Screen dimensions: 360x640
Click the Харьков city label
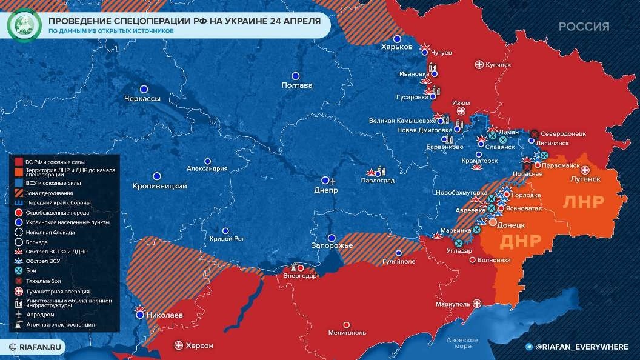point(397,47)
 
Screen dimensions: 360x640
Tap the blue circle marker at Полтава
point(296,76)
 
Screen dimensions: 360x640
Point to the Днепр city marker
point(325,181)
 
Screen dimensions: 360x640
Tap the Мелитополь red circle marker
point(347,324)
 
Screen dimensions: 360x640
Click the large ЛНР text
point(584,202)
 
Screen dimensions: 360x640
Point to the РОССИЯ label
point(584,27)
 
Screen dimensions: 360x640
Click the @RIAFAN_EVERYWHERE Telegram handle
point(581,346)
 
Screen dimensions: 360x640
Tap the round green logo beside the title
point(22,25)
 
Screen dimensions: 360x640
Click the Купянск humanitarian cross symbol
point(479,64)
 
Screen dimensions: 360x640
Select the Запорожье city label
point(332,245)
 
